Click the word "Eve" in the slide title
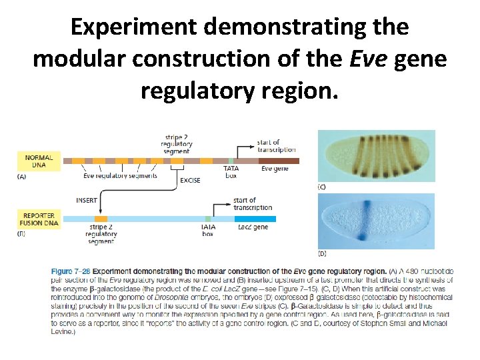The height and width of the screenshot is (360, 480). [x=371, y=59]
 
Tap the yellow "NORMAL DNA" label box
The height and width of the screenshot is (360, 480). [x=39, y=161]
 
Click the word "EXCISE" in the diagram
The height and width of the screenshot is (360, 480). [x=190, y=181]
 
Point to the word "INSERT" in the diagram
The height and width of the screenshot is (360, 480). [x=87, y=199]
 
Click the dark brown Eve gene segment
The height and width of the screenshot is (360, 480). [x=277, y=161]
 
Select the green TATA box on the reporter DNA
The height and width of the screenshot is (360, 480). [x=208, y=219]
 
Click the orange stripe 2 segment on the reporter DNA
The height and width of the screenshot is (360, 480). [x=101, y=219]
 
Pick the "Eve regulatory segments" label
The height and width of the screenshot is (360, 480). [x=120, y=176]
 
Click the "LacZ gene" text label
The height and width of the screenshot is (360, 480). [x=253, y=227]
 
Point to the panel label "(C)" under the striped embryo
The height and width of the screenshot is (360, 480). [x=322, y=188]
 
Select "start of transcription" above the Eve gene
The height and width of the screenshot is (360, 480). [x=276, y=146]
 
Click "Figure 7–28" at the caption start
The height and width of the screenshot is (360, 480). [x=71, y=271]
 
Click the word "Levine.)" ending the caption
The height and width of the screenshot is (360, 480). [x=63, y=331]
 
